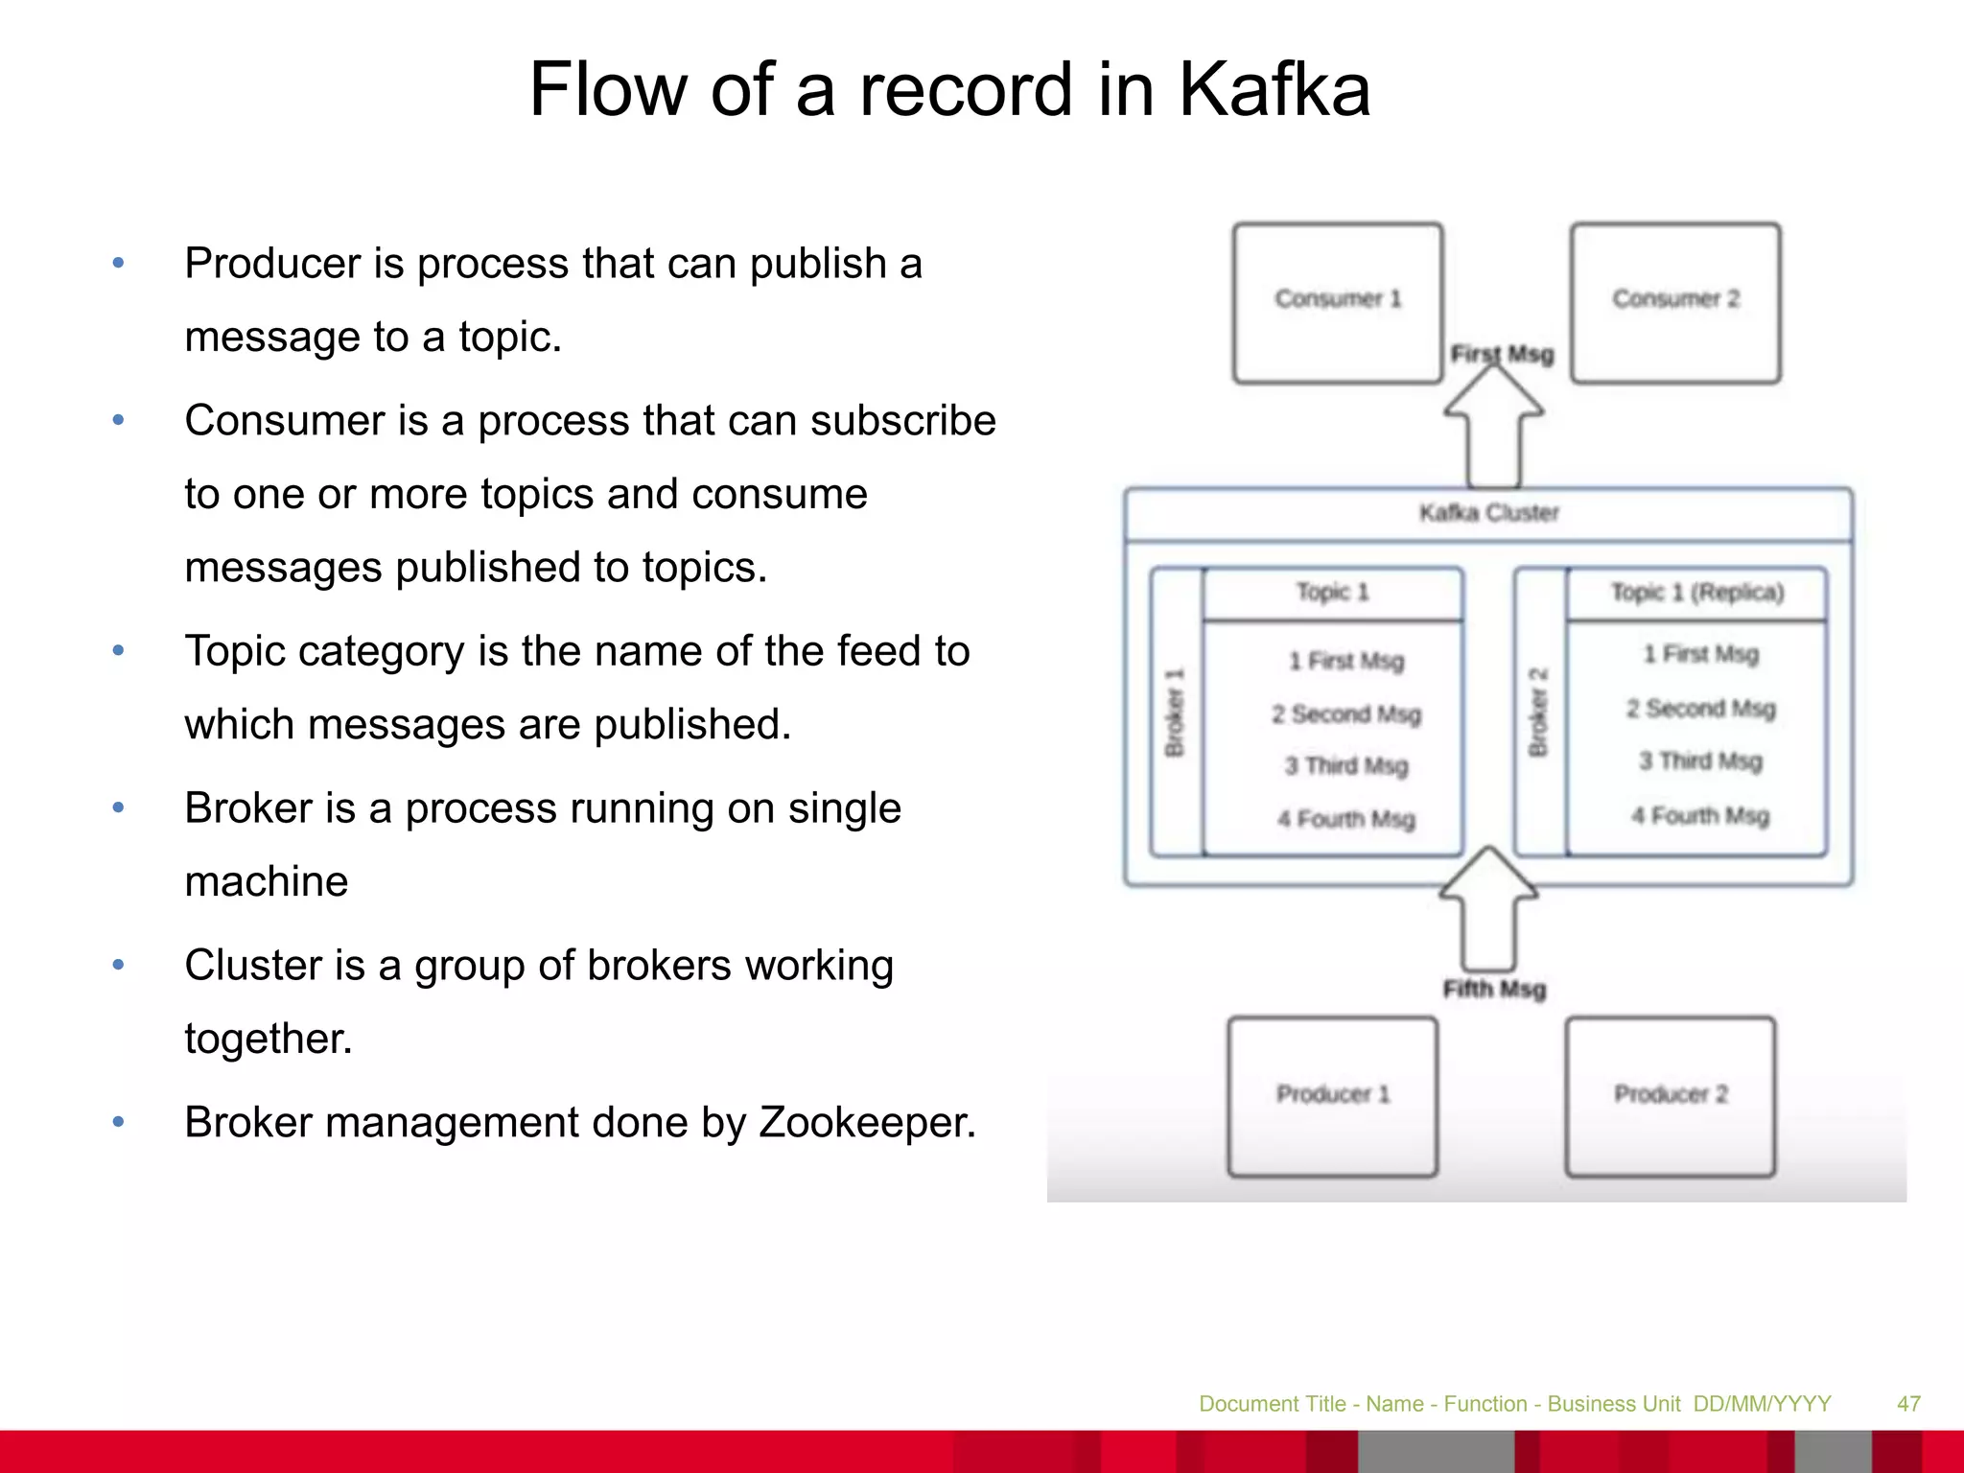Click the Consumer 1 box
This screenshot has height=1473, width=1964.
1338,302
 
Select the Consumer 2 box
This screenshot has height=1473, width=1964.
1675,302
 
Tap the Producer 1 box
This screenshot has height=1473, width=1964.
1333,1096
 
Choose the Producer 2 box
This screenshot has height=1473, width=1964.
1671,1096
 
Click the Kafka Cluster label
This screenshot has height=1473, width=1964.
1489,513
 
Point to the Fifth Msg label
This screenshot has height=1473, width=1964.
1495,989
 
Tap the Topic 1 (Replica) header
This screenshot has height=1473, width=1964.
1697,593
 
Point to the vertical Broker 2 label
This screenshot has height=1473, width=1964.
1539,712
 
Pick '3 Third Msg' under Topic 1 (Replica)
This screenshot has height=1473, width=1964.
1700,761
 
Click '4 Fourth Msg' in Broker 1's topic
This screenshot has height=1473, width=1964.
1346,819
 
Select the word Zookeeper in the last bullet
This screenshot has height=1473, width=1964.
867,1122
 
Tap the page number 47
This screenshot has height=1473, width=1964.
1908,1404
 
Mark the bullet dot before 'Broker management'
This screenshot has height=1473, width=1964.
119,1121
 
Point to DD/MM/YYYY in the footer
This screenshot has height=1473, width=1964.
1763,1404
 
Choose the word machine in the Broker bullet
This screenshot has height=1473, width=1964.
267,881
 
